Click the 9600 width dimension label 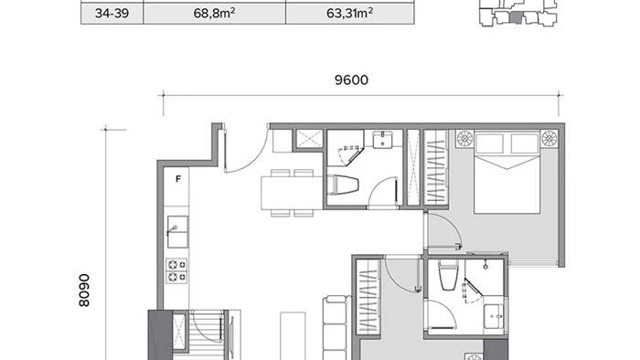(x=351, y=79)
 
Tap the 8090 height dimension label (x=84, y=291)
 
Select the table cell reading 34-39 (x=112, y=14)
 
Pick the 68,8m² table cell (x=214, y=14)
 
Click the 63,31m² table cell (x=350, y=14)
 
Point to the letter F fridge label (x=178, y=179)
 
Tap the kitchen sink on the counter (x=178, y=231)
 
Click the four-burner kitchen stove (x=176, y=270)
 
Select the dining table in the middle (x=293, y=193)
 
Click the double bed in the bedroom (x=507, y=172)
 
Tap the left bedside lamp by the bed (x=464, y=138)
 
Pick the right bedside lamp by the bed (x=549, y=138)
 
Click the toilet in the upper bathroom (x=343, y=185)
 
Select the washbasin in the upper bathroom (x=382, y=140)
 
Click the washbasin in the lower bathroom (x=494, y=316)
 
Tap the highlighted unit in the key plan (x=517, y=17)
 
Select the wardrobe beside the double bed (x=435, y=167)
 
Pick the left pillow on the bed (x=489, y=143)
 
